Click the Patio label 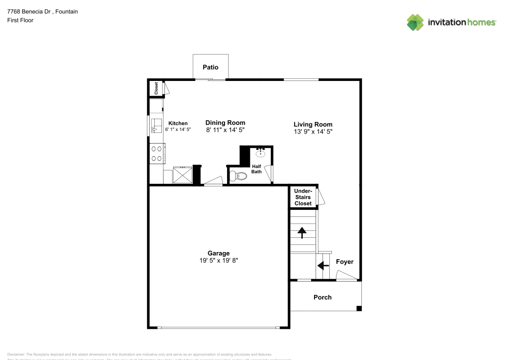pos(210,67)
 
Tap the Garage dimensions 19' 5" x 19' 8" pos(218,260)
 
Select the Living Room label pos(313,124)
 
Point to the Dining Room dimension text pos(225,130)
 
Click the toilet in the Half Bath pos(238,176)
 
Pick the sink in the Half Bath pos(261,152)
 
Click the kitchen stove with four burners pos(156,154)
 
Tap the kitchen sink pos(156,126)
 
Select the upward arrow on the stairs pos(302,233)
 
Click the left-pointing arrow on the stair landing pos(322,265)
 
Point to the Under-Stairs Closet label pos(303,197)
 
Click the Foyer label pos(344,262)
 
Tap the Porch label pos(322,297)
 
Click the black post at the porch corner pos(359,308)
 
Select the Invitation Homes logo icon pos(415,22)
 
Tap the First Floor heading pos(20,20)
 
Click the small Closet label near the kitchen pos(156,88)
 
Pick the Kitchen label pos(178,123)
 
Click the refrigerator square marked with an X pos(183,175)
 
